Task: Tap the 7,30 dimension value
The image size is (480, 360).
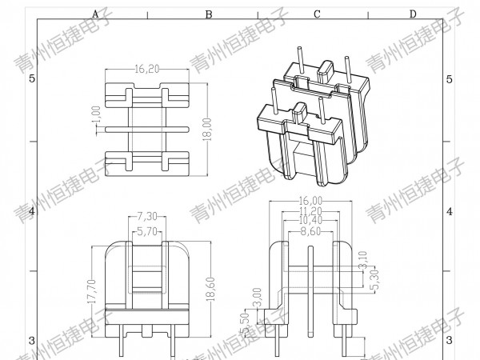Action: coord(146,217)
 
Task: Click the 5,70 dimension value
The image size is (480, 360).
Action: coord(146,232)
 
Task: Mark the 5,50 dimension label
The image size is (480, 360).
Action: coord(244,323)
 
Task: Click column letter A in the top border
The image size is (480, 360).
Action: coord(95,14)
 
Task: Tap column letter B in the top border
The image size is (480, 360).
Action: coord(208,14)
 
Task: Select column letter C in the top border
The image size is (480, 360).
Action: coord(317,14)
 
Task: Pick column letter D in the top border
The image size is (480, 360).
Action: coord(413,14)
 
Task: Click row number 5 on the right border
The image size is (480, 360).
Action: coord(449,78)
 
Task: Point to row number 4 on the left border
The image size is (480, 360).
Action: coord(32,211)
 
